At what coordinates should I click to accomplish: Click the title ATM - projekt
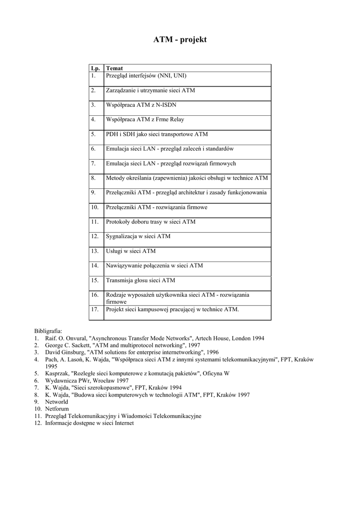click(180, 39)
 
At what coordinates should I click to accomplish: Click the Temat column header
click(114, 68)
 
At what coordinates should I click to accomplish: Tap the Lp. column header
click(95, 68)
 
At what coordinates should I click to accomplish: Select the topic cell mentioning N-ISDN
click(141, 105)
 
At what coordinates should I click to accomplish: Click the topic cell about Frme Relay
click(145, 120)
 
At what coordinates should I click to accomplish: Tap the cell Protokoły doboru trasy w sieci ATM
click(151, 222)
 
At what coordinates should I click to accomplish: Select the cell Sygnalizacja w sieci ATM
click(138, 236)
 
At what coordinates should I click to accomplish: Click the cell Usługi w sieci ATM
click(131, 251)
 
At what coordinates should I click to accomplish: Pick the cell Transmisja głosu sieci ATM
click(141, 280)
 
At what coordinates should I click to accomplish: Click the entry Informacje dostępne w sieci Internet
click(90, 423)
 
